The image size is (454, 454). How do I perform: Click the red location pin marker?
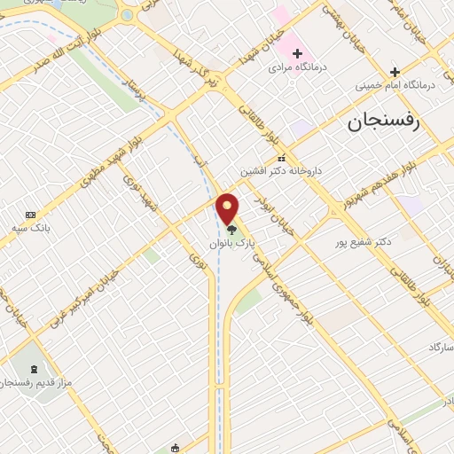[228, 209]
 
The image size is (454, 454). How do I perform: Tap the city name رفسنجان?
[388, 123]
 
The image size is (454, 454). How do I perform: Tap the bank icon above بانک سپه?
[31, 215]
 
